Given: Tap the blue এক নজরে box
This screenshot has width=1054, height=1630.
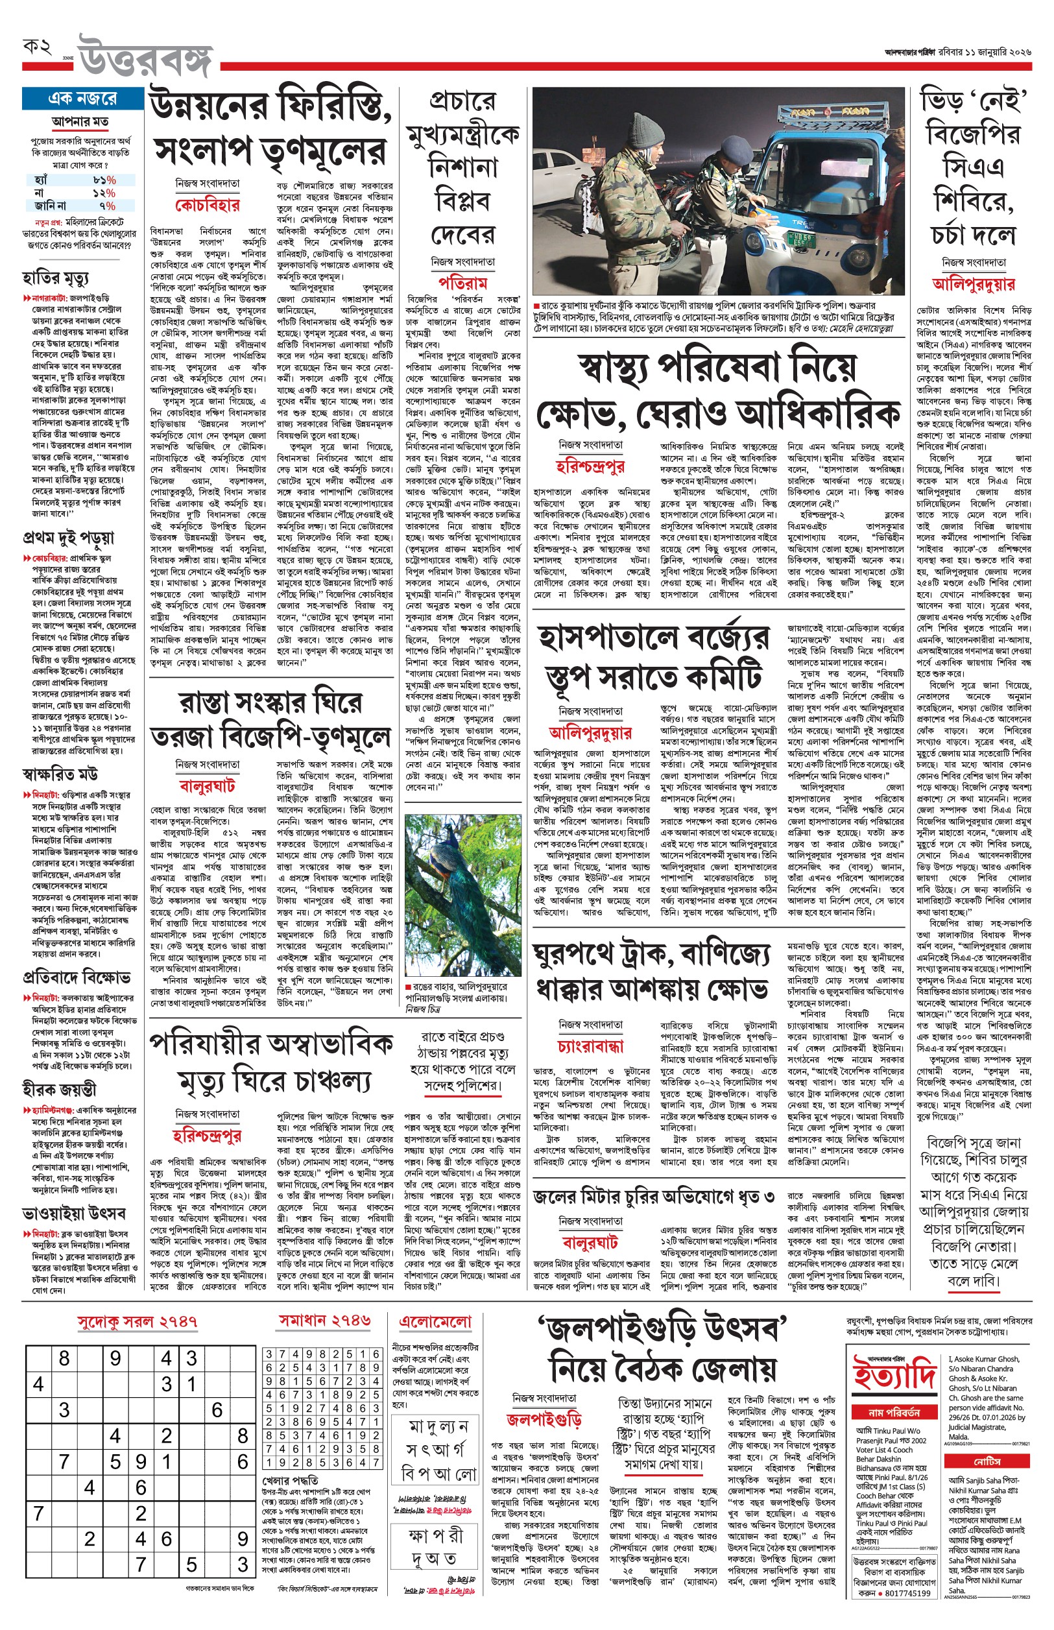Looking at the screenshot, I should [x=82, y=99].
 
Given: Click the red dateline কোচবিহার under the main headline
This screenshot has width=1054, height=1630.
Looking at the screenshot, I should [x=208, y=205].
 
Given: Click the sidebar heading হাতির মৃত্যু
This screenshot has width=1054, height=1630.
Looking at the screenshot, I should [x=55, y=278].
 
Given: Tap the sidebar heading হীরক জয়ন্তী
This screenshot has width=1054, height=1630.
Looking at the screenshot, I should [x=59, y=1088].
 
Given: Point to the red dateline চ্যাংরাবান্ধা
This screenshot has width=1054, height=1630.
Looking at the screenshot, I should [x=590, y=1046].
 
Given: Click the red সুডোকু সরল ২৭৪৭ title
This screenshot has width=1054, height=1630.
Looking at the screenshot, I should [x=137, y=1321].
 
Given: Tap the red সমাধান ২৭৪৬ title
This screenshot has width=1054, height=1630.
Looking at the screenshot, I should [x=324, y=1321].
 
